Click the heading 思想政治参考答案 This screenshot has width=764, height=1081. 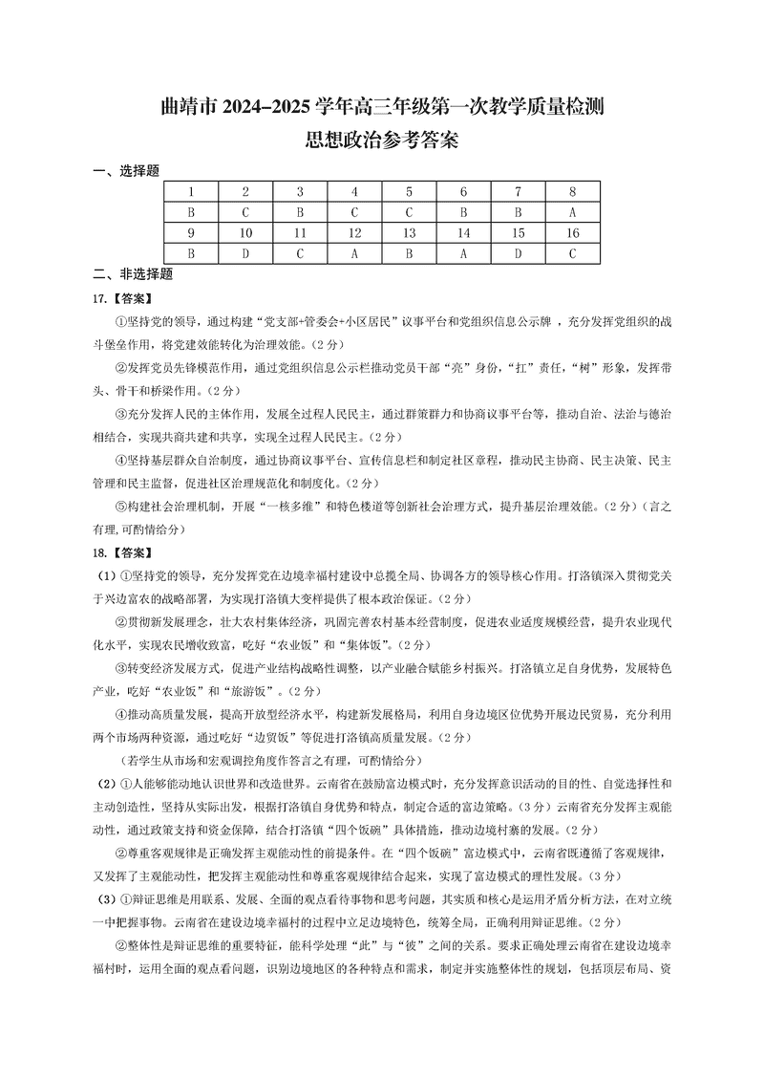pyautogui.click(x=381, y=141)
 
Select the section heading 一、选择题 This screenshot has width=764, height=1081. pyautogui.click(x=125, y=171)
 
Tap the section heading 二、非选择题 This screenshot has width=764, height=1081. pyautogui.click(x=132, y=273)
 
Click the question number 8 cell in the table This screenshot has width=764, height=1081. pyautogui.click(x=572, y=191)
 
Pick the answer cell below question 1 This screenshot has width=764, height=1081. pyautogui.click(x=191, y=212)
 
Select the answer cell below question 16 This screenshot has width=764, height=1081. pyautogui.click(x=572, y=253)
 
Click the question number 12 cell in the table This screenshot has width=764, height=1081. pyautogui.click(x=354, y=232)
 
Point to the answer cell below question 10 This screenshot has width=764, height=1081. pyautogui.click(x=245, y=253)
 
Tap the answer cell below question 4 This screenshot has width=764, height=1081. pyautogui.click(x=354, y=212)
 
